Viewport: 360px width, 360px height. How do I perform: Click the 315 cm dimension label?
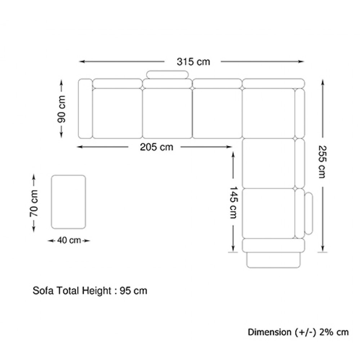pyautogui.click(x=193, y=62)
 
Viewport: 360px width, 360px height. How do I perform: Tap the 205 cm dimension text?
pyautogui.click(x=157, y=147)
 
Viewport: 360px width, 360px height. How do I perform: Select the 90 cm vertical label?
pyautogui.click(x=61, y=109)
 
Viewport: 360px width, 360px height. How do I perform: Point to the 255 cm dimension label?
pyautogui.click(x=322, y=162)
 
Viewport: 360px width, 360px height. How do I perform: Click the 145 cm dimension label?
pyautogui.click(x=234, y=202)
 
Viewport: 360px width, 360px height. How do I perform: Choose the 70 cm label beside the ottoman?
pyautogui.click(x=34, y=203)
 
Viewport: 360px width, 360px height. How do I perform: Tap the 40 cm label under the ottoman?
pyautogui.click(x=69, y=240)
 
